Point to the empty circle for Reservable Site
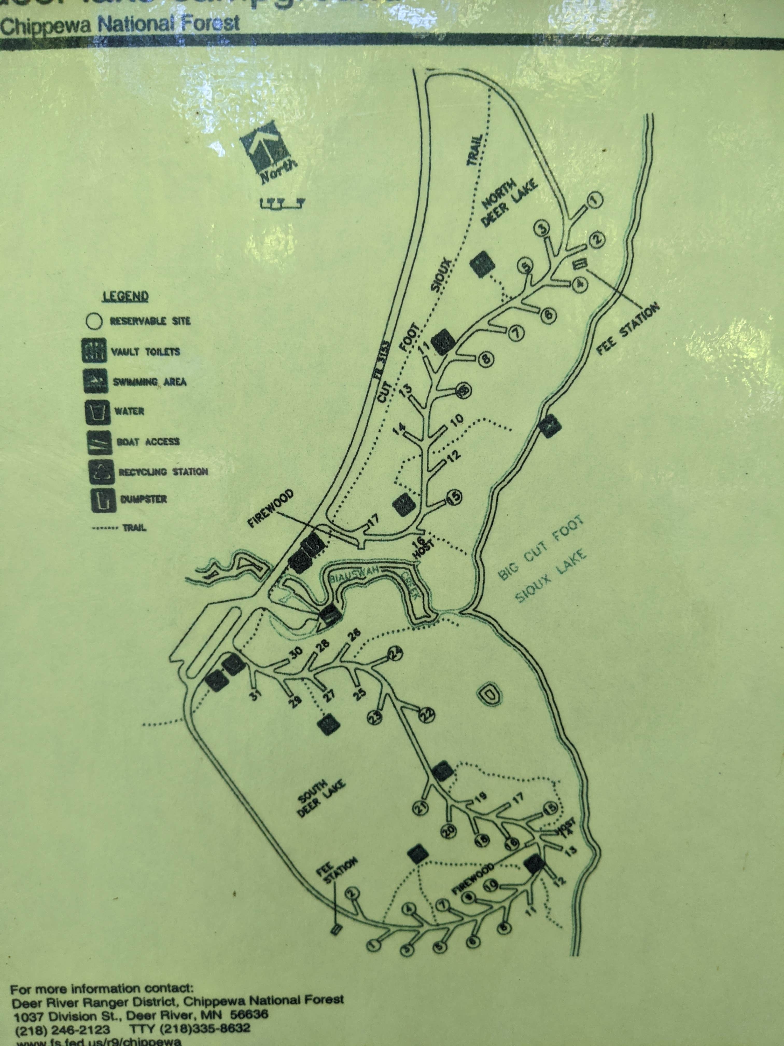94,321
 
